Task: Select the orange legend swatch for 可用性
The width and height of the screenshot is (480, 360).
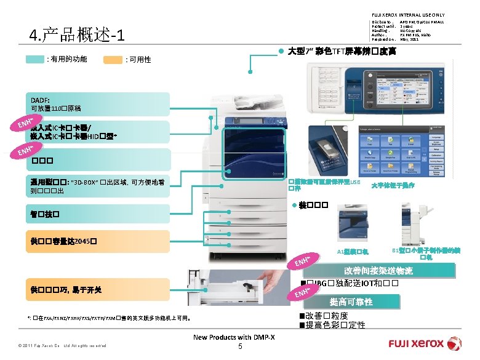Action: pos(113,60)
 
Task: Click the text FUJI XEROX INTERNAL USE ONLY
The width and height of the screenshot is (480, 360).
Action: pos(407,15)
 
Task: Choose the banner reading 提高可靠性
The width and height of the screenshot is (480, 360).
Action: pos(351,302)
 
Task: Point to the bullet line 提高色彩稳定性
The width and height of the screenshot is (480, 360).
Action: pos(335,324)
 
